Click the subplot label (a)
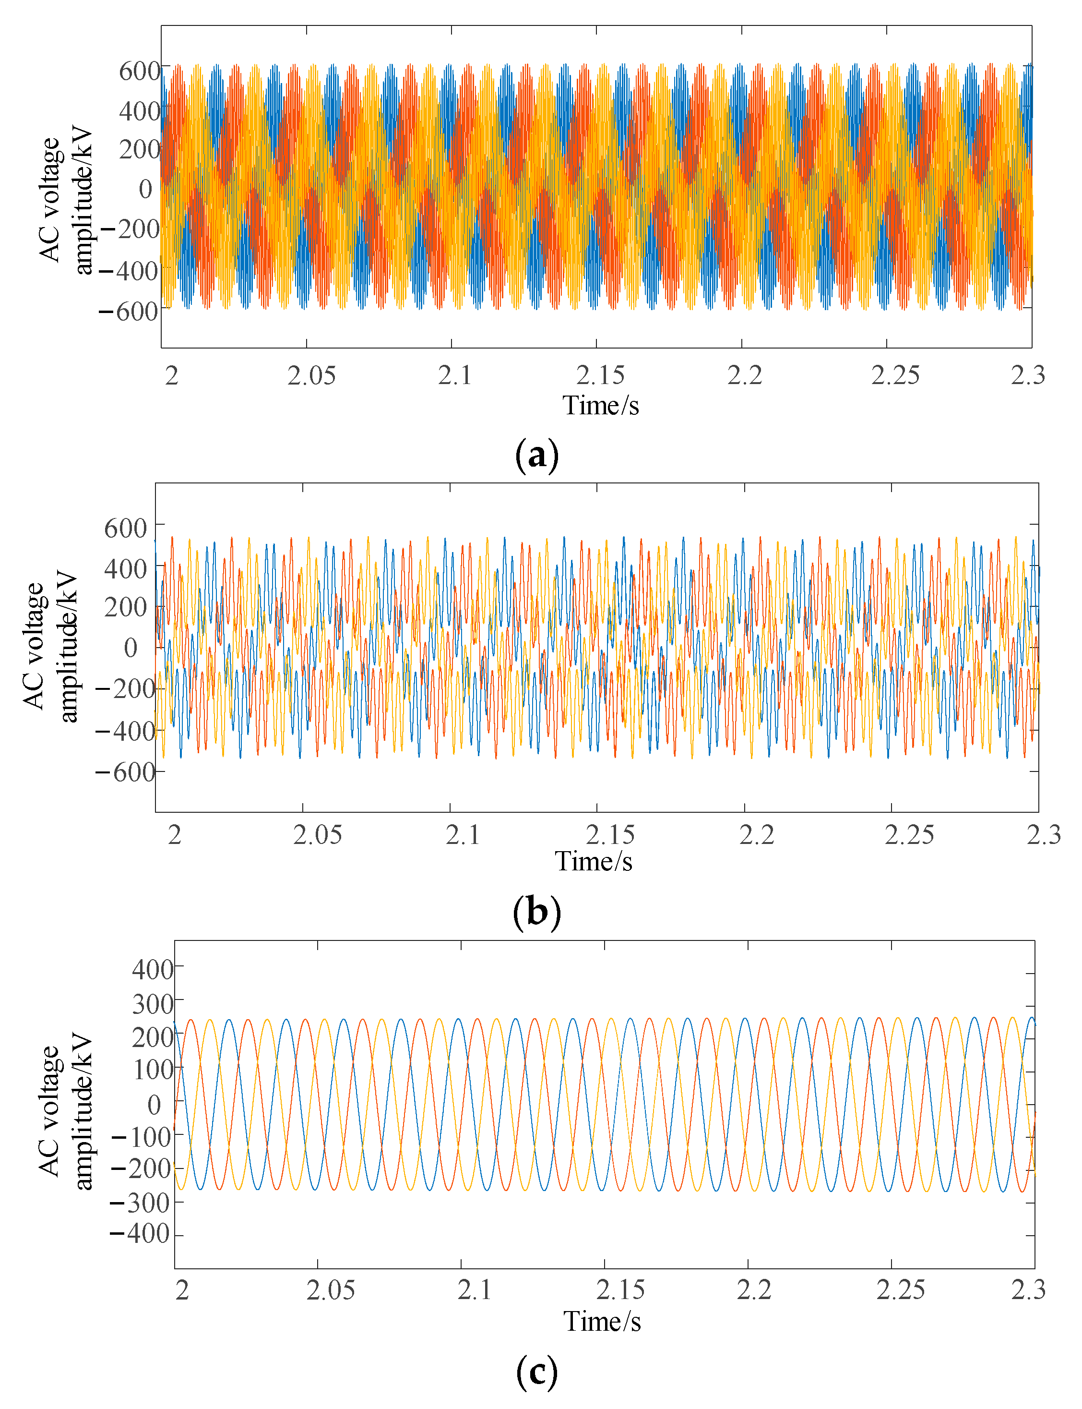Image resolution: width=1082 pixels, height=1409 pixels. pyautogui.click(x=536, y=455)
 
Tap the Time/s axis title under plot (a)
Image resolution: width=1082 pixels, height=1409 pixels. pyautogui.click(x=601, y=406)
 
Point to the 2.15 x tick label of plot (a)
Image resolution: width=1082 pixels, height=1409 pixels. pyautogui.click(x=600, y=375)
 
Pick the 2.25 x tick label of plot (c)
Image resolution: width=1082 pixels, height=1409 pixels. pyautogui.click(x=900, y=1290)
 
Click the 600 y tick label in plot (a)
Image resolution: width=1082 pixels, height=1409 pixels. pyautogui.click(x=139, y=71)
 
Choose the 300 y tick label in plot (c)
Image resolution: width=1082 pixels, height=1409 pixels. pyautogui.click(x=153, y=1004)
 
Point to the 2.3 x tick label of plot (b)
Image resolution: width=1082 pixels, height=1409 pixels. pyautogui.click(x=1043, y=835)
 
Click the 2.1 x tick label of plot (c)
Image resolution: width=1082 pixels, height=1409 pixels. pyautogui.click(x=475, y=1290)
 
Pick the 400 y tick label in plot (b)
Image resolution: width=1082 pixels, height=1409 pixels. pyautogui.click(x=126, y=569)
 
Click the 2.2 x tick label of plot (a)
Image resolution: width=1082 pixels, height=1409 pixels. pyautogui.click(x=745, y=375)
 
